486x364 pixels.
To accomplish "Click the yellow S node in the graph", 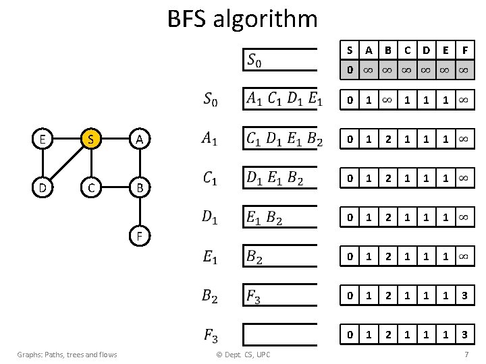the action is pyautogui.click(x=90, y=140).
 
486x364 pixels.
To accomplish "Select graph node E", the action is pyautogui.click(x=43, y=140).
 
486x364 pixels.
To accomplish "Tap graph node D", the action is pyautogui.click(x=43, y=187).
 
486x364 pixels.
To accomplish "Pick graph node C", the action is pyautogui.click(x=90, y=187).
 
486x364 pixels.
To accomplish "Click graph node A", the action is pyautogui.click(x=138, y=140).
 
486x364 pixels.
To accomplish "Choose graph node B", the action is pyautogui.click(x=138, y=187).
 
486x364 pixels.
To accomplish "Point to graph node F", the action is pyautogui.click(x=138, y=236).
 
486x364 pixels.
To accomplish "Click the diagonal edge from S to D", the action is pyautogui.click(x=66, y=163).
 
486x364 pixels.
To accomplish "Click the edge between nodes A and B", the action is pyautogui.click(x=138, y=163).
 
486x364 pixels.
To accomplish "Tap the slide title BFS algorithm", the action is pyautogui.click(x=242, y=18).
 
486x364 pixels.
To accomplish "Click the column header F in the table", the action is pyautogui.click(x=464, y=50).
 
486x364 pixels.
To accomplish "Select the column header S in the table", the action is pyautogui.click(x=349, y=50).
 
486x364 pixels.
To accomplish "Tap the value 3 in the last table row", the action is pyautogui.click(x=464, y=334).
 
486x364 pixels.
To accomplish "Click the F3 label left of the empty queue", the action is pyautogui.click(x=210, y=334).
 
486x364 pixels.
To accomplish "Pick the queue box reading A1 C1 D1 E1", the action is pyautogui.click(x=279, y=98).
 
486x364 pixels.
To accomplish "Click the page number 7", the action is pyautogui.click(x=466, y=355).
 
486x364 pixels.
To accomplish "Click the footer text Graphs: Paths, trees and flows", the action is pyautogui.click(x=67, y=355).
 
